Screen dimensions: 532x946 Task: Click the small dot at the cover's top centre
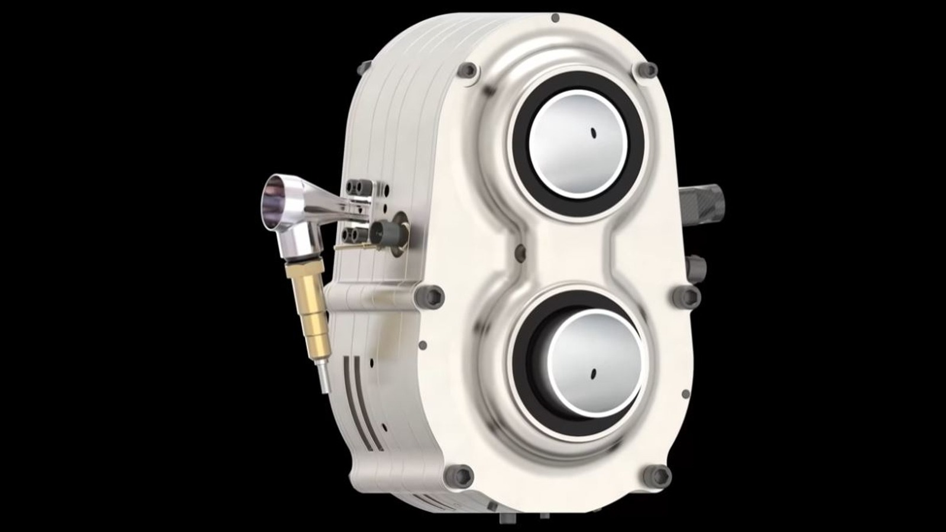[x=555, y=18]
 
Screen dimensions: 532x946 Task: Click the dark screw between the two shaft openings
[x=520, y=253]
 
